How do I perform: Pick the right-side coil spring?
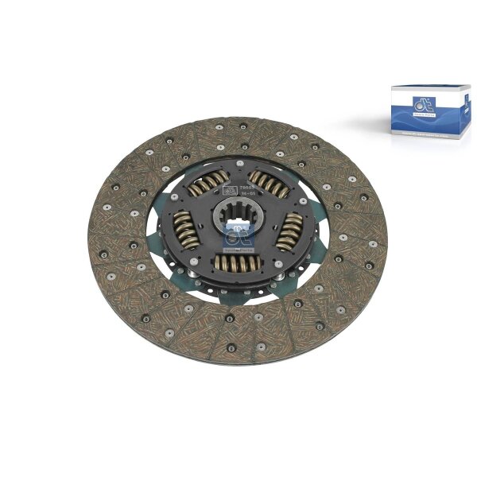289,231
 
